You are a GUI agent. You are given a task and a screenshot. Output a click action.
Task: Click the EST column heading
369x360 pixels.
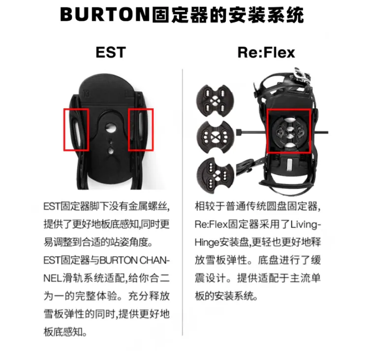[111, 52]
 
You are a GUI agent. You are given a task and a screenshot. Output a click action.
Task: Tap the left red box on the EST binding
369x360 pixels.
[76, 130]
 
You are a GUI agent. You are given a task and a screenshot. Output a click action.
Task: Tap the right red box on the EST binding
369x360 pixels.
[141, 130]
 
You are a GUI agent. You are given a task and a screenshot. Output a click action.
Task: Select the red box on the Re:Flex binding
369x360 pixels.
[288, 131]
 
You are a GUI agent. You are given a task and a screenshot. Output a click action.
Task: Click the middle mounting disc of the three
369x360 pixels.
[213, 133]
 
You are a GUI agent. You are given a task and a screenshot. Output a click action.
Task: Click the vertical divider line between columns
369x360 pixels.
[183, 197]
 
